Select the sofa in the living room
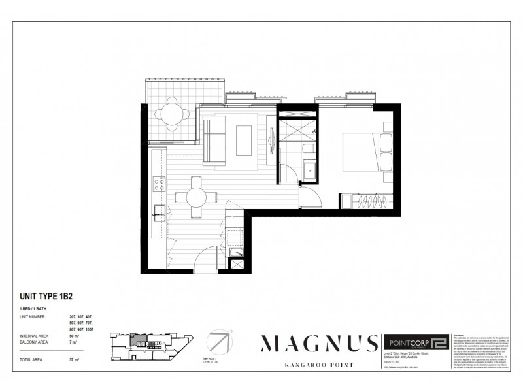tap(214, 138)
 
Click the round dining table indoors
tap(194, 196)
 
